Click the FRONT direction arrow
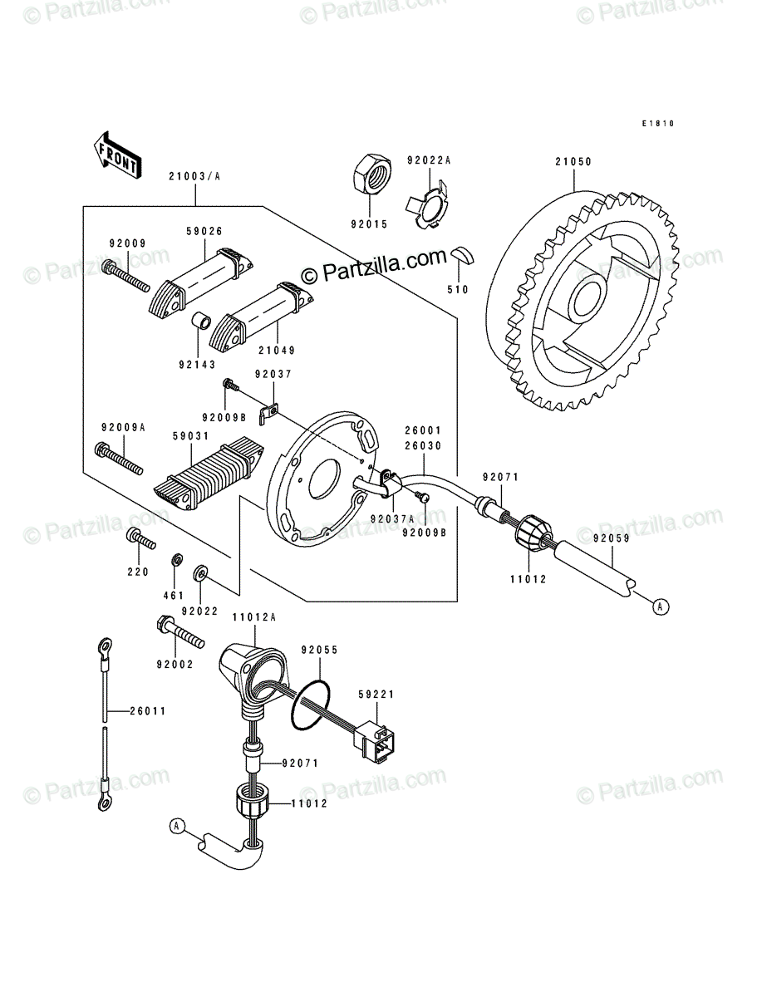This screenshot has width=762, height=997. tap(117, 155)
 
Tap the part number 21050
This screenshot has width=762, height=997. tap(573, 162)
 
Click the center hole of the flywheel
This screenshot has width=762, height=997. tap(590, 300)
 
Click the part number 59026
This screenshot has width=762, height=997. tap(204, 231)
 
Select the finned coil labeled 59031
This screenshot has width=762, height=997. tap(209, 474)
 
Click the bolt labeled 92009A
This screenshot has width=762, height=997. tap(119, 459)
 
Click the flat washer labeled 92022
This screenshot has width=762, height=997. tap(199, 574)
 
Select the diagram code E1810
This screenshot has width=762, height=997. tap(658, 124)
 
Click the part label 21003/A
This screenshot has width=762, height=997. tap(194, 176)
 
